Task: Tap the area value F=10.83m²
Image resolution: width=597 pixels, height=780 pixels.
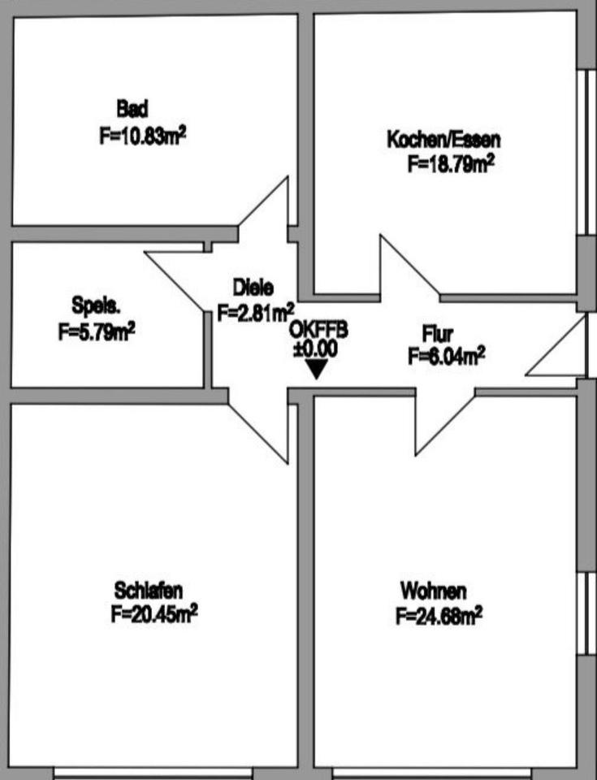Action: (143, 135)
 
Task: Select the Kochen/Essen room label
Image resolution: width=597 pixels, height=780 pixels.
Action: (443, 139)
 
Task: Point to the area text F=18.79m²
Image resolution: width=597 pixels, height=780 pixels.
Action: (451, 164)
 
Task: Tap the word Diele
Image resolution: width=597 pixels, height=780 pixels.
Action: (253, 287)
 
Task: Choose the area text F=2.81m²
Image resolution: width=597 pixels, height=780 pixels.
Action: (256, 312)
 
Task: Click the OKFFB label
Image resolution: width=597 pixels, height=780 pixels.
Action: (318, 331)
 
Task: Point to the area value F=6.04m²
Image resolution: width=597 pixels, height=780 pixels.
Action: (447, 356)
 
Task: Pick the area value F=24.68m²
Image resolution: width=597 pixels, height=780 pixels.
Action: (439, 617)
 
